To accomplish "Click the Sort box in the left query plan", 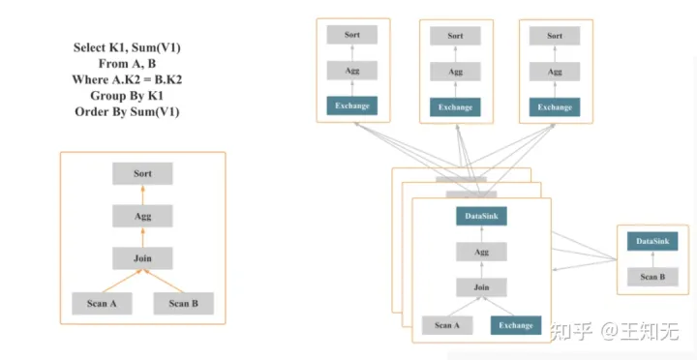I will pyautogui.click(x=142, y=174).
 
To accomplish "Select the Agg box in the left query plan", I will pyautogui.click(x=142, y=217).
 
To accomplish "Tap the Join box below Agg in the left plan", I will pyautogui.click(x=142, y=258).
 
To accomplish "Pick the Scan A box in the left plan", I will pyautogui.click(x=102, y=303).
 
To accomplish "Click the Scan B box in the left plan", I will pyautogui.click(x=183, y=303).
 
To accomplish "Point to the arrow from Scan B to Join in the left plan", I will pyautogui.click(x=165, y=281).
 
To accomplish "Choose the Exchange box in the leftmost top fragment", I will pyautogui.click(x=352, y=106).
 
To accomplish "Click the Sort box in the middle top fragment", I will pyautogui.click(x=455, y=36).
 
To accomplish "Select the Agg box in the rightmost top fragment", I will pyautogui.click(x=555, y=71).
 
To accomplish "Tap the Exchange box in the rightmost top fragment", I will pyautogui.click(x=555, y=106).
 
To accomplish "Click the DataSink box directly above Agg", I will pyautogui.click(x=481, y=217).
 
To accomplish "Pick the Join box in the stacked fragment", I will pyautogui.click(x=481, y=287).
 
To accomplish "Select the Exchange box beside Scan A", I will pyautogui.click(x=515, y=325).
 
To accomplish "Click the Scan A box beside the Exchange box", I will pyautogui.click(x=447, y=325).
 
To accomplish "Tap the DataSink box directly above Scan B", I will pyautogui.click(x=652, y=241).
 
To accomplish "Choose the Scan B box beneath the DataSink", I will pyautogui.click(x=652, y=277).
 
